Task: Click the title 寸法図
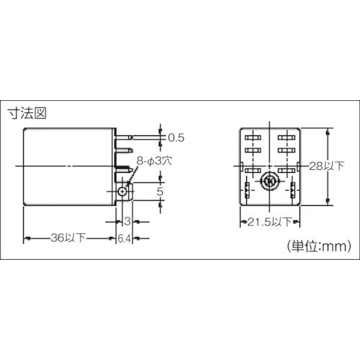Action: click(x=26, y=113)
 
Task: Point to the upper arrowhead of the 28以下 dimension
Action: click(x=328, y=130)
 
